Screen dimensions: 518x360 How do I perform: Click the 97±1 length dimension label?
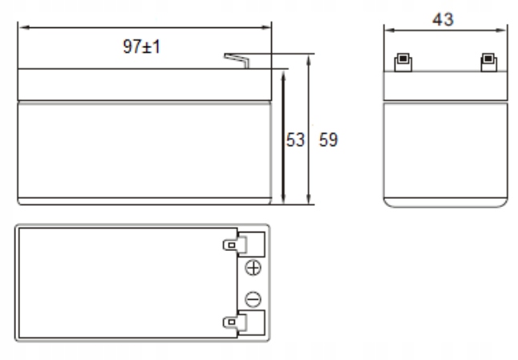click(141, 47)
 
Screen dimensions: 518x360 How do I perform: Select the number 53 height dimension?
click(295, 140)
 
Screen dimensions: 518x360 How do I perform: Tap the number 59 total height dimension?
click(329, 140)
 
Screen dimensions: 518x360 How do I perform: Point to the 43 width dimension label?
click(443, 19)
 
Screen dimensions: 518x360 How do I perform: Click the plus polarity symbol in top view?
click(253, 268)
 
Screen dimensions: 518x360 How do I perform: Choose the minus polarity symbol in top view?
click(253, 299)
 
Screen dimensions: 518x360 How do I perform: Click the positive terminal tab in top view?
click(235, 245)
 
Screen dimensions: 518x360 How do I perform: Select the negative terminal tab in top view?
click(235, 322)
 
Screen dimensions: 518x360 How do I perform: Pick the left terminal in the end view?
click(403, 62)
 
